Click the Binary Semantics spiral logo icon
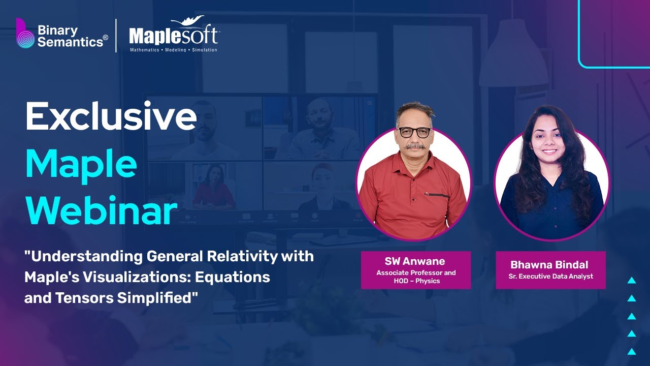click(x=24, y=35)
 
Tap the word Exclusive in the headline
click(x=111, y=116)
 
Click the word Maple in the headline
click(x=81, y=164)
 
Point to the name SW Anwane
click(x=415, y=261)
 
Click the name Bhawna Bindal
click(x=550, y=265)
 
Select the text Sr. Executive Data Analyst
click(x=550, y=277)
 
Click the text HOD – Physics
click(x=416, y=281)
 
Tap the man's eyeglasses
click(x=414, y=132)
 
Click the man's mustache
click(x=415, y=146)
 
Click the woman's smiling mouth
click(x=549, y=151)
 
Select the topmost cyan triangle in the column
click(x=632, y=280)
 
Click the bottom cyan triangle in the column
click(x=632, y=351)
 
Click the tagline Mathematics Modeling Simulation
click(x=173, y=50)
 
